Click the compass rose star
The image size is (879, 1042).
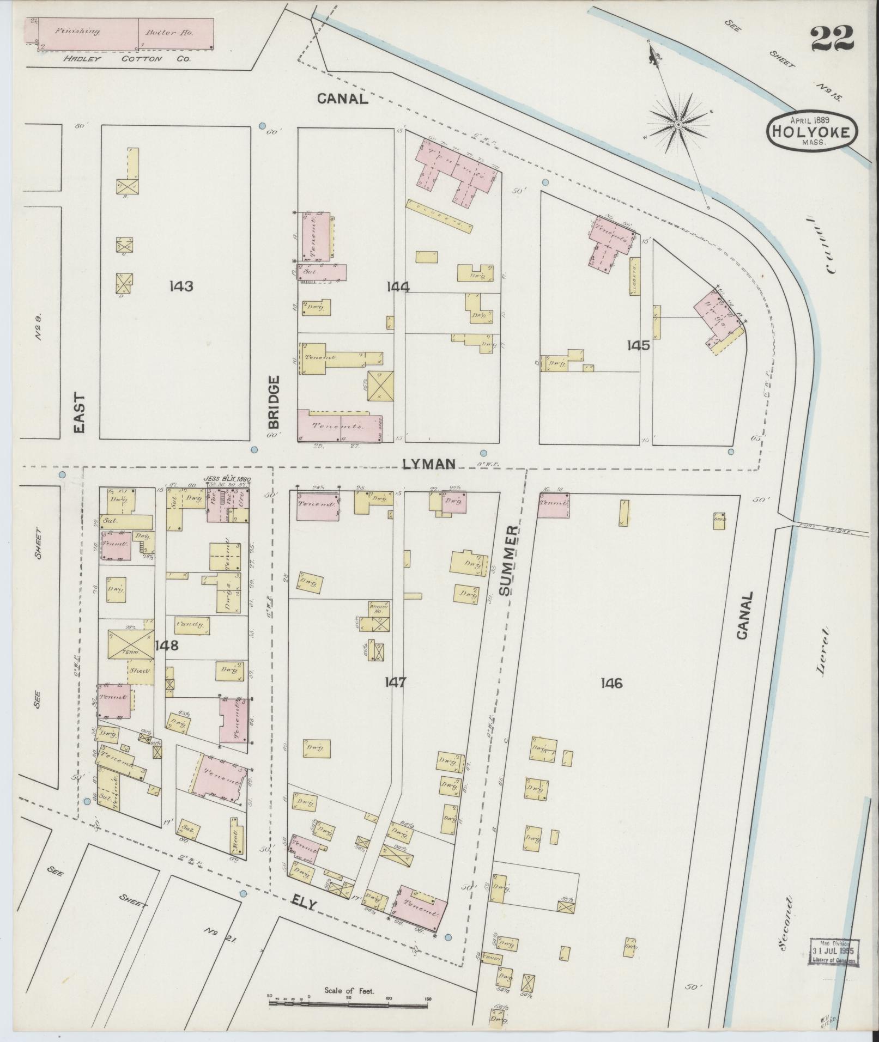pos(678,125)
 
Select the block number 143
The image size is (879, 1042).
pos(181,286)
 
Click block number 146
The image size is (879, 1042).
pos(611,683)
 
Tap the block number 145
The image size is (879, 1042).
pos(638,345)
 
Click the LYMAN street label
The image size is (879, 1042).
pos(429,464)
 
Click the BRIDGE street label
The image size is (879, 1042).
pos(274,401)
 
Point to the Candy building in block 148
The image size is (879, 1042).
pos(192,624)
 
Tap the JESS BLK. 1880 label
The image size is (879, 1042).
pos(227,479)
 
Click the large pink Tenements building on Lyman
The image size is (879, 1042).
pos(340,426)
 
